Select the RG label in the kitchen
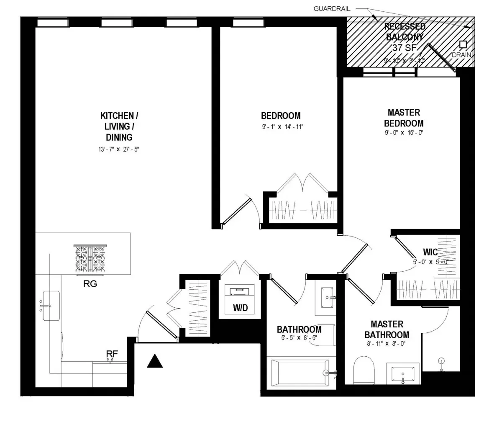(90, 284)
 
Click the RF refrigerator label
(112, 353)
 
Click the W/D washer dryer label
(240, 308)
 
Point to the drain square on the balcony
(463, 44)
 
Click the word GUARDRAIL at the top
(333, 8)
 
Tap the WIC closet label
(430, 252)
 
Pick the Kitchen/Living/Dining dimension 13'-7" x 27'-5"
(116, 148)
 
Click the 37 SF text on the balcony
(404, 48)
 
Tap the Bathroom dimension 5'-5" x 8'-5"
(299, 338)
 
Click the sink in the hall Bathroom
(325, 298)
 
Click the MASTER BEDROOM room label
(404, 118)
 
